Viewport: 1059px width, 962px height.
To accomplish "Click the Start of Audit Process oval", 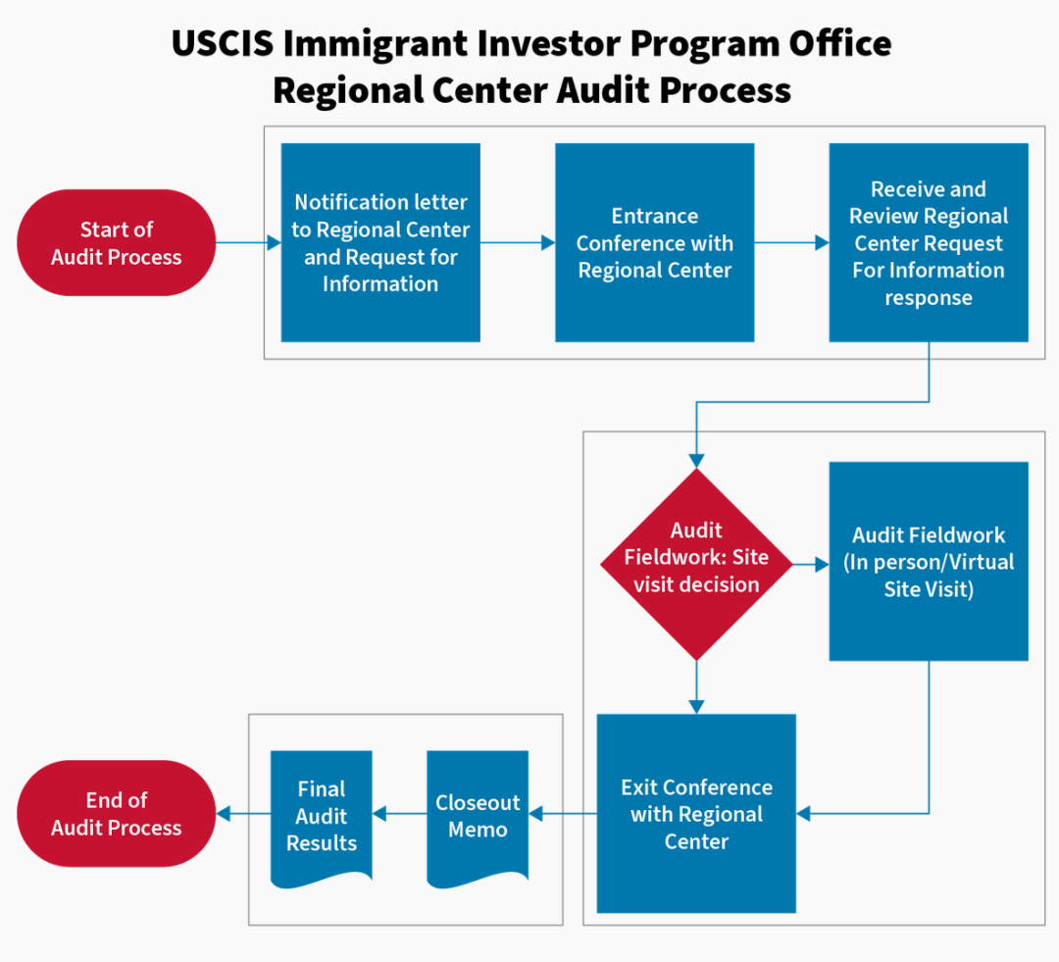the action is (x=116, y=242).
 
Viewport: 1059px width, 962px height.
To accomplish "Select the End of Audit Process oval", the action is (x=116, y=813).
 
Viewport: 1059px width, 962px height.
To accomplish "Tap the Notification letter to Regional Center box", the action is (x=380, y=242).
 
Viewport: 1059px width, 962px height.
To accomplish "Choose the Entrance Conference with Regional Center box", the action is (x=654, y=242).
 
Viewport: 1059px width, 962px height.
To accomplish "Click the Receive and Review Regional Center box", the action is (x=929, y=242).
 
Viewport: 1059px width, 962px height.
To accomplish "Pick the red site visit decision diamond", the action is (x=696, y=564).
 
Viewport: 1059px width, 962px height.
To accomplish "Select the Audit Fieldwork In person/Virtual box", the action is (x=929, y=561).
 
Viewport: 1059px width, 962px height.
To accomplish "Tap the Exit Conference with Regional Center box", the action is (x=696, y=813).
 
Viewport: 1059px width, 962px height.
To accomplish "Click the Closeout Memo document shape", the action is (x=478, y=818).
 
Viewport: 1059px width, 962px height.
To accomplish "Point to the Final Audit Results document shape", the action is (x=322, y=818).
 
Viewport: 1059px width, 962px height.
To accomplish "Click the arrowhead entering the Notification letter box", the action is (x=275, y=242).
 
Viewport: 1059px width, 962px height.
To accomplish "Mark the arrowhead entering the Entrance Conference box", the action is (x=548, y=242).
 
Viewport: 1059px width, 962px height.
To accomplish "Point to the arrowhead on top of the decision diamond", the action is (x=696, y=462).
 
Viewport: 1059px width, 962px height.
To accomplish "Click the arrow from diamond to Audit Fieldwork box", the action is (x=811, y=564).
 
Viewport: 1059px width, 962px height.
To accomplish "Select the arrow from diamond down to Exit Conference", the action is (x=696, y=687).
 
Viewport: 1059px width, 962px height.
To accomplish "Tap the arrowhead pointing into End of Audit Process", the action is (x=223, y=813).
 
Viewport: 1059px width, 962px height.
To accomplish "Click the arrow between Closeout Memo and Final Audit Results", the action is (x=399, y=813).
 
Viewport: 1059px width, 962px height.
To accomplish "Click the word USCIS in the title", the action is (x=223, y=43).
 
